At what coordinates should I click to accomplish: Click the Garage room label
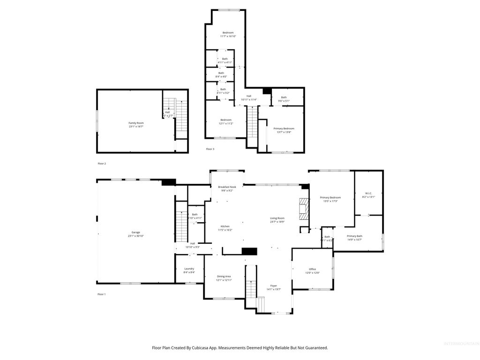[136, 232]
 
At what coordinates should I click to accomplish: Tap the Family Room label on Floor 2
[136, 123]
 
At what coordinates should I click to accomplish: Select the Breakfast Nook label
[226, 187]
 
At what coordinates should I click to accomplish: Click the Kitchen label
[225, 226]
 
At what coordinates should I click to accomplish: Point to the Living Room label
[277, 218]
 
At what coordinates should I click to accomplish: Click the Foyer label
[274, 285]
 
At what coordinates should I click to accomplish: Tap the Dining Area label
[224, 276]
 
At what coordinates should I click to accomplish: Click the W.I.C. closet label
[368, 193]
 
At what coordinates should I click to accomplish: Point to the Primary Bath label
[354, 236]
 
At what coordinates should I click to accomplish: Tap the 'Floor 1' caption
[102, 294]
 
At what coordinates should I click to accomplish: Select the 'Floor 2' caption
[102, 164]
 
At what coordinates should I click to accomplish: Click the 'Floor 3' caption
[210, 149]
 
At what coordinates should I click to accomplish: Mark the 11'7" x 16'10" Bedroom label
[228, 32]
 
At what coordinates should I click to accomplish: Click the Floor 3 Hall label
[249, 96]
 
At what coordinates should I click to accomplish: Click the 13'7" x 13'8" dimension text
[284, 132]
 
